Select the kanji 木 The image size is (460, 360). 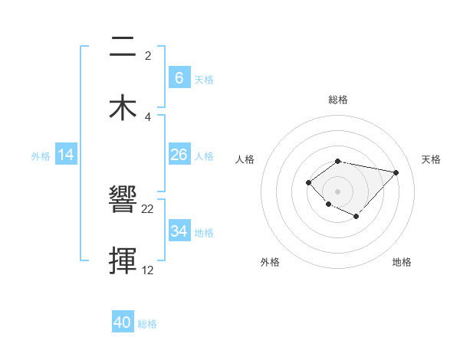tap(123, 106)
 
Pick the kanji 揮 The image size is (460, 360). tap(123, 260)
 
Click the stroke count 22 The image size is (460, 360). tap(148, 209)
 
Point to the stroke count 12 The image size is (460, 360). tap(148, 270)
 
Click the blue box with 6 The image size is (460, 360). tap(179, 78)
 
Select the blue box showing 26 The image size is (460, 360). tap(179, 155)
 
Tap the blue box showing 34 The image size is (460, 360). tap(179, 231)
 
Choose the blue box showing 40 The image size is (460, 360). tap(123, 322)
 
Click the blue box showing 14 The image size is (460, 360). tap(66, 155)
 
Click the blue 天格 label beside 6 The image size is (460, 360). tap(203, 80)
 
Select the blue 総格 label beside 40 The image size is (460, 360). tap(147, 324)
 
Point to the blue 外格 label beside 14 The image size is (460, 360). tap(41, 156)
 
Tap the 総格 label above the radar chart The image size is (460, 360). tap(337, 100)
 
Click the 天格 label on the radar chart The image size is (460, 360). tap(431, 159)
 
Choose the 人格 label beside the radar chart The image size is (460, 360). tap(245, 159)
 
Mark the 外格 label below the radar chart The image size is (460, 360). tap(269, 263)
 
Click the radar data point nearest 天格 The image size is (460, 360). tap(396, 172)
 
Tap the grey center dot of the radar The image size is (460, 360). tap(337, 191)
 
